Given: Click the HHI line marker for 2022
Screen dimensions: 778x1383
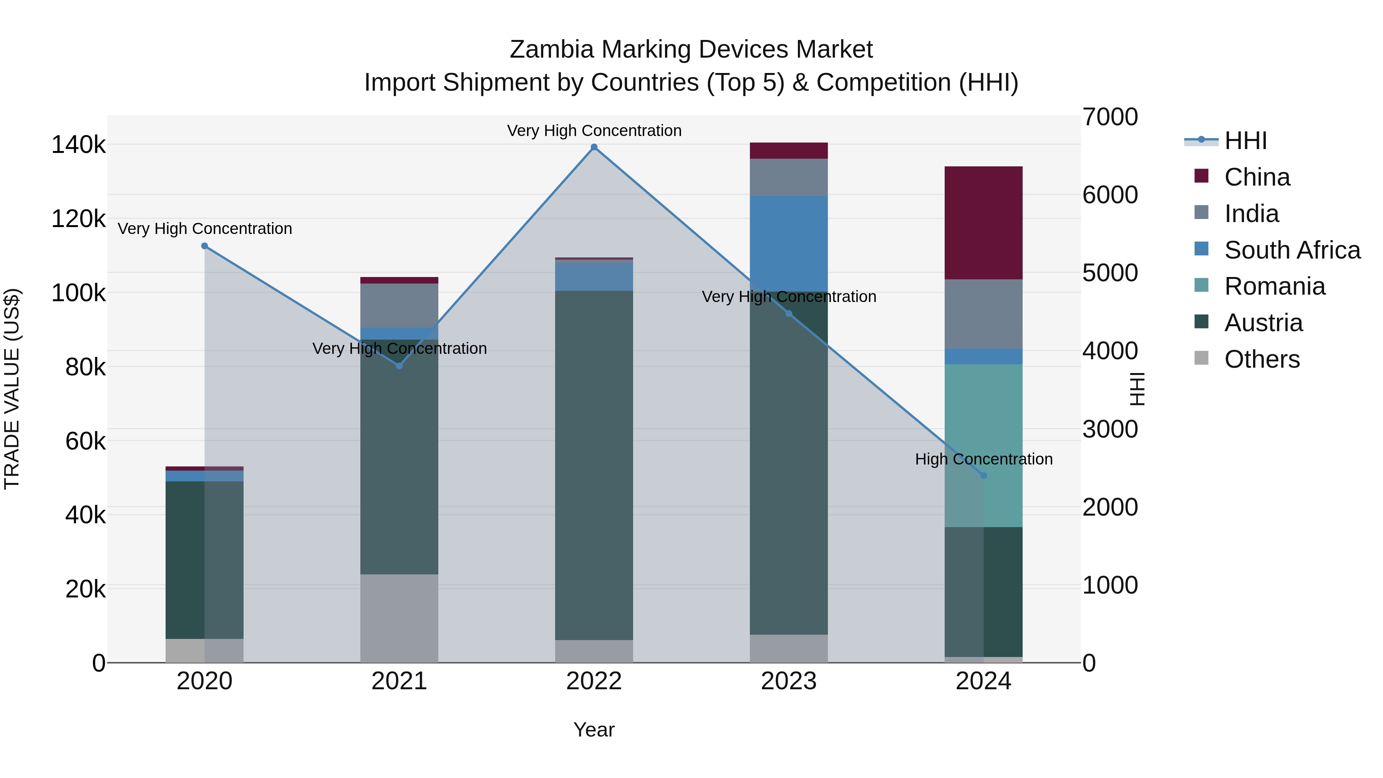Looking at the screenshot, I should click(594, 147).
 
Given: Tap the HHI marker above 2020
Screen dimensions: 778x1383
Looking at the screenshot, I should click(204, 246).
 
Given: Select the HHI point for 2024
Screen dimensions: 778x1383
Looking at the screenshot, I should click(983, 476).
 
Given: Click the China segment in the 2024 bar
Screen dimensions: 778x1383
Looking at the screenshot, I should click(983, 223).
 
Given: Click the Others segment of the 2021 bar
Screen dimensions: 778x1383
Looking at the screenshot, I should click(399, 618).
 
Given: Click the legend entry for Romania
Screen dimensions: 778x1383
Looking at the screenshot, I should click(1275, 286).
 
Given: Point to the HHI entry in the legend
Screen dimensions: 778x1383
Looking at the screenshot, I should click(1245, 141).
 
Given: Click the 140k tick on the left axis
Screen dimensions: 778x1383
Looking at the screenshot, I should click(78, 145).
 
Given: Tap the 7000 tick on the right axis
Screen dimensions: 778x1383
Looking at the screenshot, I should click(1110, 117).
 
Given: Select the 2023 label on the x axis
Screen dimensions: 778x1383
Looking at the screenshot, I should click(789, 681).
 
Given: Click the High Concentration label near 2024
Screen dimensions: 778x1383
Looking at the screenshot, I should click(983, 459).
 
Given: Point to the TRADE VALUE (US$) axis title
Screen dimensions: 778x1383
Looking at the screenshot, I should click(12, 389).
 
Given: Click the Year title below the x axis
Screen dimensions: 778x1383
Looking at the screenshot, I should click(594, 730).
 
